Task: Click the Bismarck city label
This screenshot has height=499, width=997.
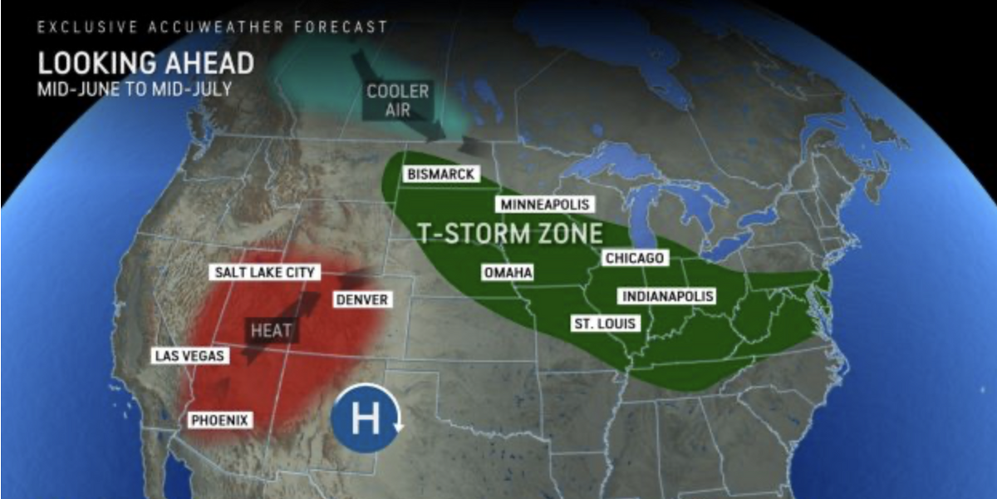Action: [441, 174]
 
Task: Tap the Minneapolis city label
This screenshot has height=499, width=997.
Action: [544, 205]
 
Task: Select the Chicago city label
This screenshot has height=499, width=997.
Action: [635, 258]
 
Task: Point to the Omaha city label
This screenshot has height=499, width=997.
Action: [508, 273]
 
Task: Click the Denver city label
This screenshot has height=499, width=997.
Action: [361, 299]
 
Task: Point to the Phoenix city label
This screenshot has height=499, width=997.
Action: [220, 420]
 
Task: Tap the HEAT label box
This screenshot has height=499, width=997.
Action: [272, 330]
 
